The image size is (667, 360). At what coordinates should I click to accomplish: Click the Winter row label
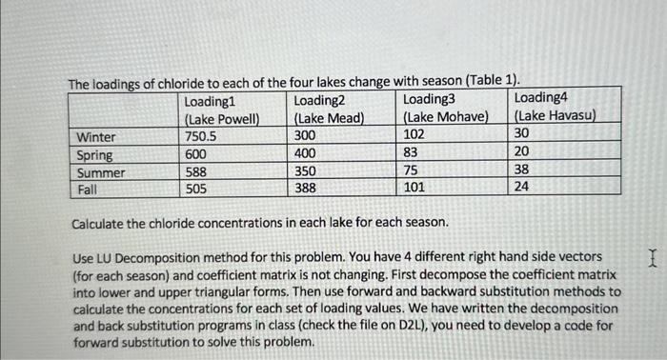tap(97, 136)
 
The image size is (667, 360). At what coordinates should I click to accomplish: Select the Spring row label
tap(95, 154)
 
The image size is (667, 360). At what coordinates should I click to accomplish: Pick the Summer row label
tap(101, 172)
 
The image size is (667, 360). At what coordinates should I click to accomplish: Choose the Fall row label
tap(88, 190)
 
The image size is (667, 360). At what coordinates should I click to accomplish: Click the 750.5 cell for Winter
tap(201, 136)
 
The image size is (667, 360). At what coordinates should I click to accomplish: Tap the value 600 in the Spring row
tap(195, 154)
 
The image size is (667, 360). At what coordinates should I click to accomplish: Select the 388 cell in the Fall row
tap(305, 190)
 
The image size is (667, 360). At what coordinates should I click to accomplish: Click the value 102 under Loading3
tap(414, 135)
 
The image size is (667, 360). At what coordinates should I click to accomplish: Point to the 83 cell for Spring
tap(411, 153)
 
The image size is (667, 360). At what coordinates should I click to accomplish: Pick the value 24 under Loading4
tap(521, 188)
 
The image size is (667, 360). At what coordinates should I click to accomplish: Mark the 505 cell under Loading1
tap(195, 190)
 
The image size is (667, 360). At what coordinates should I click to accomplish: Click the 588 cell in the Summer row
tap(195, 172)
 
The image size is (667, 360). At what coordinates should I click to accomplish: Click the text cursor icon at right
tap(652, 257)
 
